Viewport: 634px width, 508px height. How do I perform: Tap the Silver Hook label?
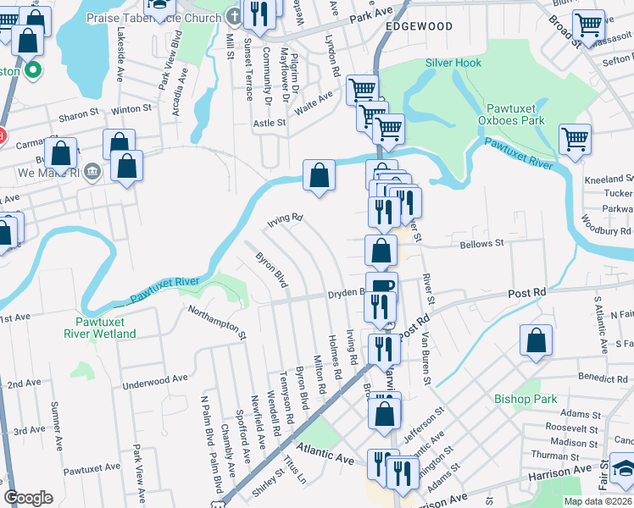pos(453,63)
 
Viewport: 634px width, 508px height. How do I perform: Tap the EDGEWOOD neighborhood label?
pos(419,27)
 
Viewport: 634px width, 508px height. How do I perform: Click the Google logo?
pos(29,498)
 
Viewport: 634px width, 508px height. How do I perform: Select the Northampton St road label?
pos(217,323)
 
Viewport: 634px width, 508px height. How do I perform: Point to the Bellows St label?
pos(481,243)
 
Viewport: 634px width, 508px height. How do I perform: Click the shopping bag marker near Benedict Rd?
pos(536,341)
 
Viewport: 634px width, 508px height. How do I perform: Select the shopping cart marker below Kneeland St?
pos(575,139)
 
